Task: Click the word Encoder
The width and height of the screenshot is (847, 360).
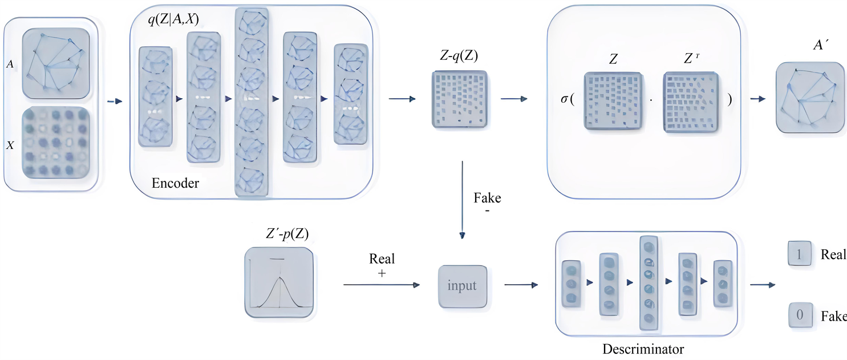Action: pyautogui.click(x=176, y=183)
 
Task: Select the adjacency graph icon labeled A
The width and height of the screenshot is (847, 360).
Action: pyautogui.click(x=56, y=64)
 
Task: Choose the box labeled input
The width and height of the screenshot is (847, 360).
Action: pyautogui.click(x=463, y=286)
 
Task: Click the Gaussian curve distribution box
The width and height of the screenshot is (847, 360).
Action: pyautogui.click(x=279, y=284)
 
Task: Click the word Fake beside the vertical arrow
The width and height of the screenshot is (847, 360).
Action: pyautogui.click(x=488, y=199)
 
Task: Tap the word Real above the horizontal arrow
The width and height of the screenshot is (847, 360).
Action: pyautogui.click(x=382, y=258)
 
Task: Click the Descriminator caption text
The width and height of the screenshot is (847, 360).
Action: pyautogui.click(x=643, y=349)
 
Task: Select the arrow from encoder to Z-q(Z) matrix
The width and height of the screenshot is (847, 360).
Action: pyautogui.click(x=402, y=99)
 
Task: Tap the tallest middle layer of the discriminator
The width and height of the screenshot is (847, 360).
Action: pyautogui.click(x=649, y=283)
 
